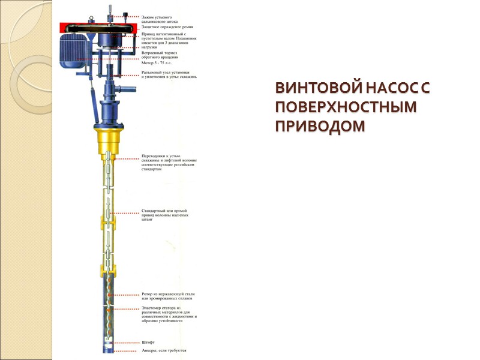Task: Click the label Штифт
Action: tap(148, 342)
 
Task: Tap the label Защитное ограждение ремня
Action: tap(166, 26)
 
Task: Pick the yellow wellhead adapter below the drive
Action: tap(107, 138)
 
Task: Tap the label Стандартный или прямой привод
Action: tap(165, 215)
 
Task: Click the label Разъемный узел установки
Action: tap(169, 74)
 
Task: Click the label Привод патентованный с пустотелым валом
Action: tap(167, 40)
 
